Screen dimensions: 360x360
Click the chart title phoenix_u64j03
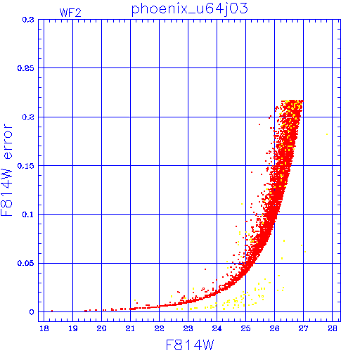189,9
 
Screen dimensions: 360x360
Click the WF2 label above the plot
70,13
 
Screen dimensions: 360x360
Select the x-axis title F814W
190,345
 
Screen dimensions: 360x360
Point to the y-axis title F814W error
6,169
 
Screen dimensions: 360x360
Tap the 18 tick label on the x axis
44,328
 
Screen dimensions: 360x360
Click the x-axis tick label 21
130,328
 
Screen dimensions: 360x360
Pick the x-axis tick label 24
217,328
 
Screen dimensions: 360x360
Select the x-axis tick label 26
274,328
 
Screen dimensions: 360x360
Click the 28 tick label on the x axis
333,328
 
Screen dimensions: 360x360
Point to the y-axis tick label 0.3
28,20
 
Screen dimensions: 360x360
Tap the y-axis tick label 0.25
26,68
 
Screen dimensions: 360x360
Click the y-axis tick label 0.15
26,166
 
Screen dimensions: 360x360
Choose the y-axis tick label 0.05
26,263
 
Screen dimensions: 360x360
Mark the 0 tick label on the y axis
32,312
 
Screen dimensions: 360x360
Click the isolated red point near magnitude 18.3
52,311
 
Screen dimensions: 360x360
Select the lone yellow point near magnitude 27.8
327,134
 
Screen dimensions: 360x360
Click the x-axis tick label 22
159,328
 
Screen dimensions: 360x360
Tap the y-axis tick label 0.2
28,117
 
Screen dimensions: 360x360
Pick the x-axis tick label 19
73,328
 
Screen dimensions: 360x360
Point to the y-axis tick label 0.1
28,214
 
